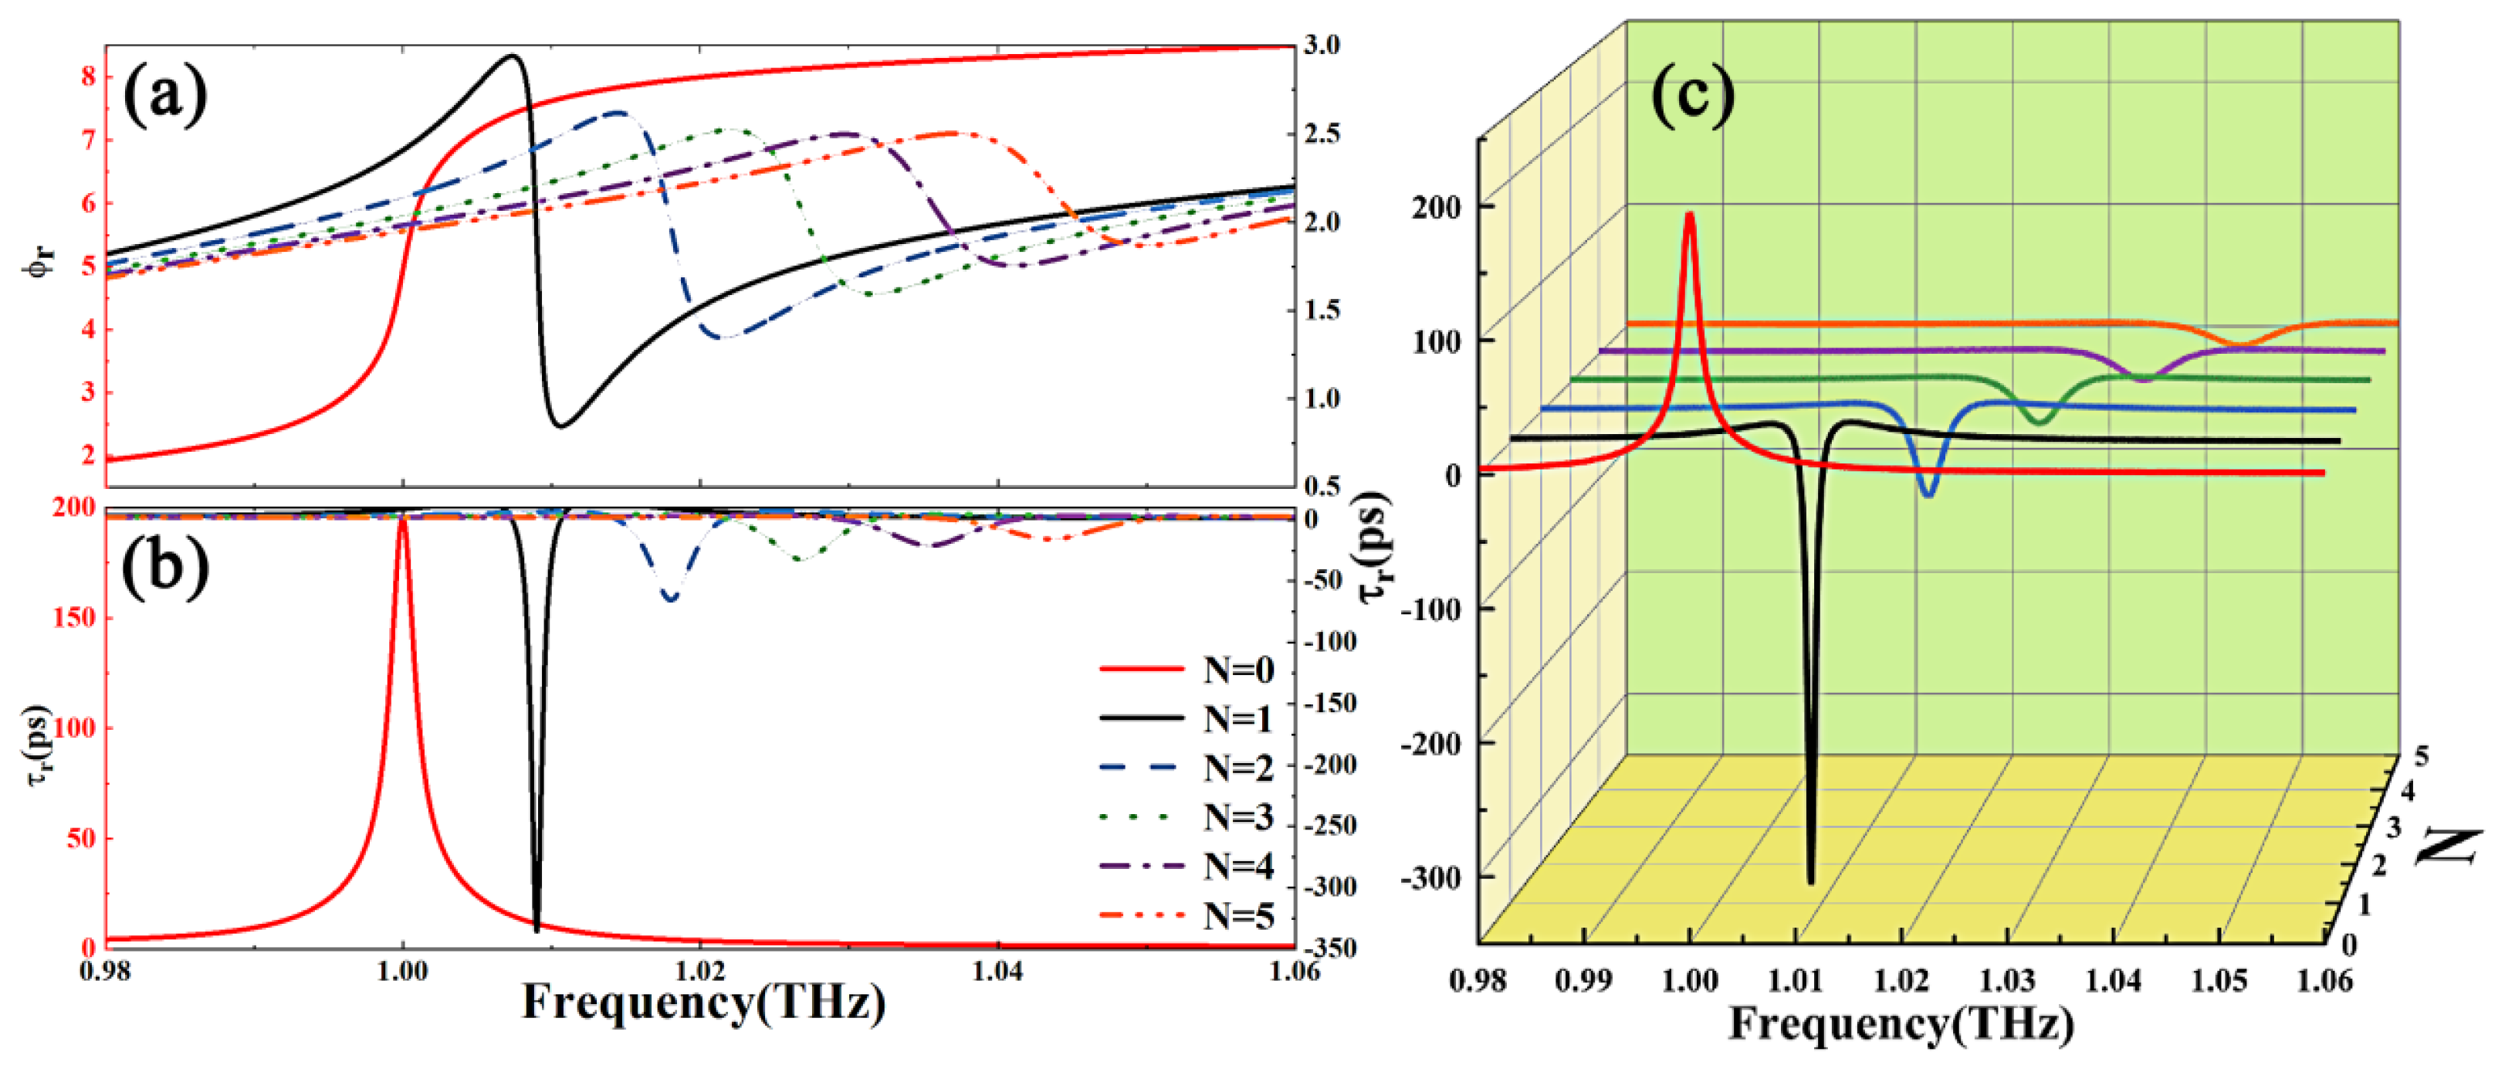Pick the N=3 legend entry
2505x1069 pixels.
[x=1186, y=817]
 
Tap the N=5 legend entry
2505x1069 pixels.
[x=1186, y=915]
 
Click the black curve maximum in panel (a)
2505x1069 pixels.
[x=513, y=56]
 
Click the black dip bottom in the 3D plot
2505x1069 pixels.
[x=1811, y=881]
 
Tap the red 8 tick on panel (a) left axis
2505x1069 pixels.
[x=90, y=76]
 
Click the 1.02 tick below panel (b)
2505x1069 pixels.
[x=700, y=972]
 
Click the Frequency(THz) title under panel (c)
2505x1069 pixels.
[x=1901, y=1023]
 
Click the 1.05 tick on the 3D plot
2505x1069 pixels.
[x=2218, y=979]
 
